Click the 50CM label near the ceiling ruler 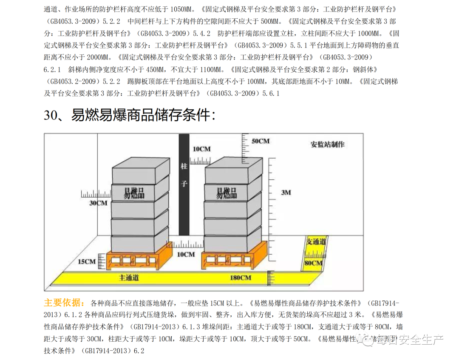pyautogui.click(x=261, y=141)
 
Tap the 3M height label pyautogui.click(x=286, y=193)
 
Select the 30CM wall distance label pyautogui.click(x=98, y=203)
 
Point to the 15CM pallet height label pyautogui.click(x=87, y=261)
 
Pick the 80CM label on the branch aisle pyautogui.click(x=314, y=264)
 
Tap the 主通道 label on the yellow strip pyautogui.click(x=129, y=278)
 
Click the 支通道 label pyautogui.click(x=316, y=241)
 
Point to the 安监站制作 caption pyautogui.click(x=327, y=144)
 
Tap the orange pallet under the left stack pyautogui.click(x=135, y=260)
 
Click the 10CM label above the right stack pyautogui.click(x=201, y=149)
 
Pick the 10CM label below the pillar pyautogui.click(x=186, y=254)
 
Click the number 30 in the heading pyautogui.click(x=51, y=115)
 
